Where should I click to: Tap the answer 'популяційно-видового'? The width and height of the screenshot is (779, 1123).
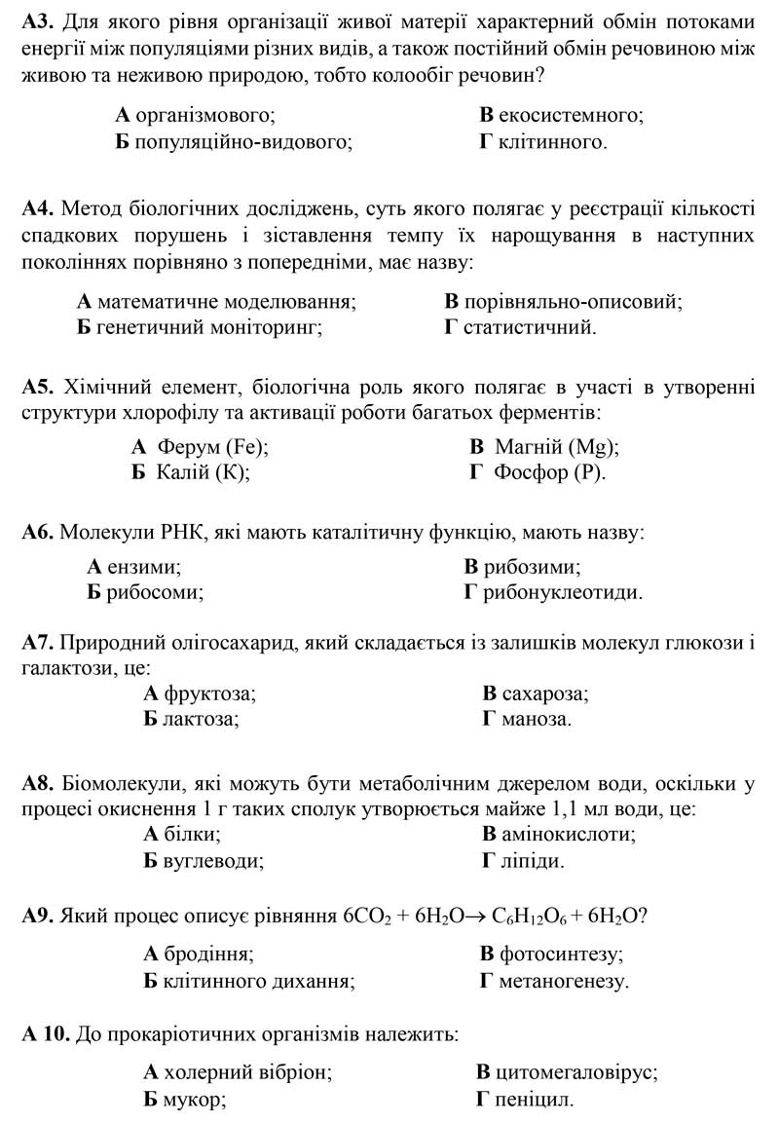click(243, 142)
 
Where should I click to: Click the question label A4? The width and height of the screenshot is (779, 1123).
click(37, 209)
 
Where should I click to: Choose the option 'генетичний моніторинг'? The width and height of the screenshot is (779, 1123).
click(209, 327)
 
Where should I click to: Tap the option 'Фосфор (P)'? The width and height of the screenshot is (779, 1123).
click(550, 473)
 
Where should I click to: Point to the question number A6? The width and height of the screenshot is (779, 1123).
click(37, 533)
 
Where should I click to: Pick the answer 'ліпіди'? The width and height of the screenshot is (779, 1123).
click(530, 861)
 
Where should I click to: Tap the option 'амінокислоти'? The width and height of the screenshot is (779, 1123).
click(566, 835)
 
